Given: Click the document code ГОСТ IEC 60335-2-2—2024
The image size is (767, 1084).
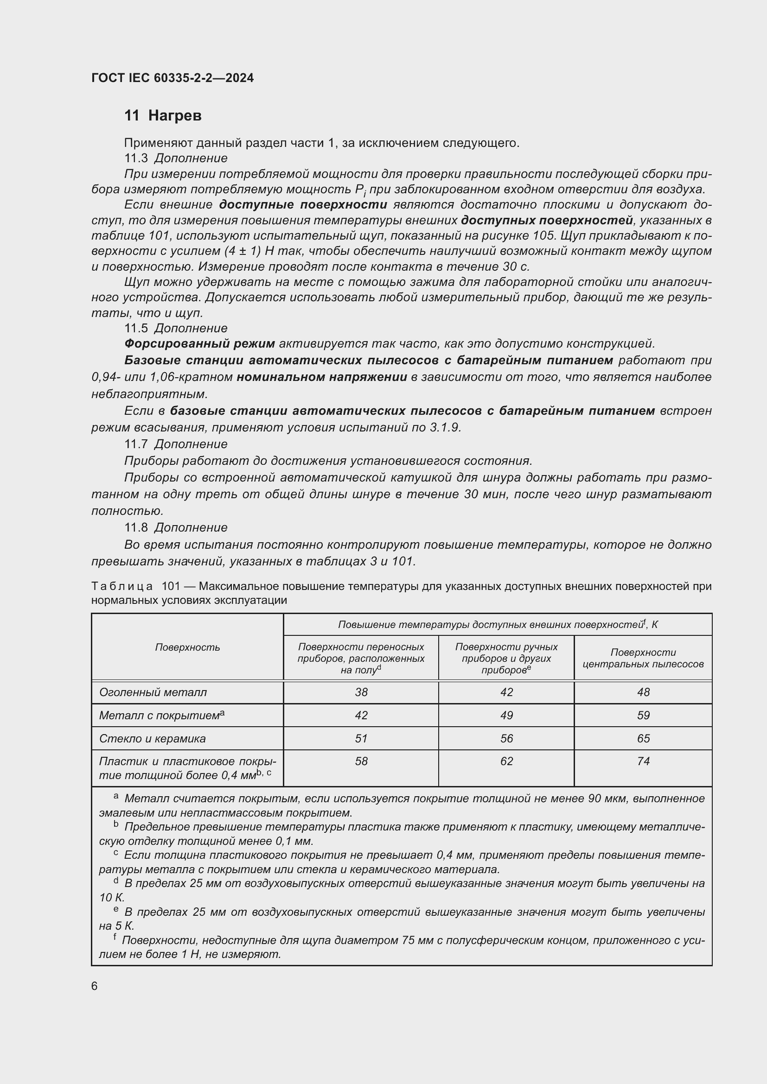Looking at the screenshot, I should [173, 78].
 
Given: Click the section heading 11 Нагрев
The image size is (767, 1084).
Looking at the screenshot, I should [163, 116].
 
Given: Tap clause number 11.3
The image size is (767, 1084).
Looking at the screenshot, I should [136, 158].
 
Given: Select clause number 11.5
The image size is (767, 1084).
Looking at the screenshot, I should [136, 328].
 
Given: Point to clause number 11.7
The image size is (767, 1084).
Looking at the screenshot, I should [136, 444].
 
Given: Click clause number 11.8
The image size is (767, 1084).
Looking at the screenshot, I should [136, 528].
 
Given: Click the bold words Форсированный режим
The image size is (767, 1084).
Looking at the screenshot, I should [199, 344].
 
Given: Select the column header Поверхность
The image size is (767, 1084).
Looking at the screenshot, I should [187, 647].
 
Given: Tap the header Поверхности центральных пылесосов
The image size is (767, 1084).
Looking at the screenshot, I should [643, 658].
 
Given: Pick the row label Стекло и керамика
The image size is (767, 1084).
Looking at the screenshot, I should [153, 738].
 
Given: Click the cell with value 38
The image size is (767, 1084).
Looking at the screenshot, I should [361, 692].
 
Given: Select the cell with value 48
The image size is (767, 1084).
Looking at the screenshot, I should [643, 692].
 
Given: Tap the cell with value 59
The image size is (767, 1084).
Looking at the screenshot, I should [643, 715].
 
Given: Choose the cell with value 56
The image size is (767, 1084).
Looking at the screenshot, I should [506, 738].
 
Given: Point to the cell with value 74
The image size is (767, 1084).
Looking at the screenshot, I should [643, 761].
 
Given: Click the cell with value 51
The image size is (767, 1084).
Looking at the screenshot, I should [361, 738].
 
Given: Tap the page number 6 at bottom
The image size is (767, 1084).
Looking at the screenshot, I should [95, 986].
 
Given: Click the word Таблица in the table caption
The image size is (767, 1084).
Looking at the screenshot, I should [122, 586].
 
